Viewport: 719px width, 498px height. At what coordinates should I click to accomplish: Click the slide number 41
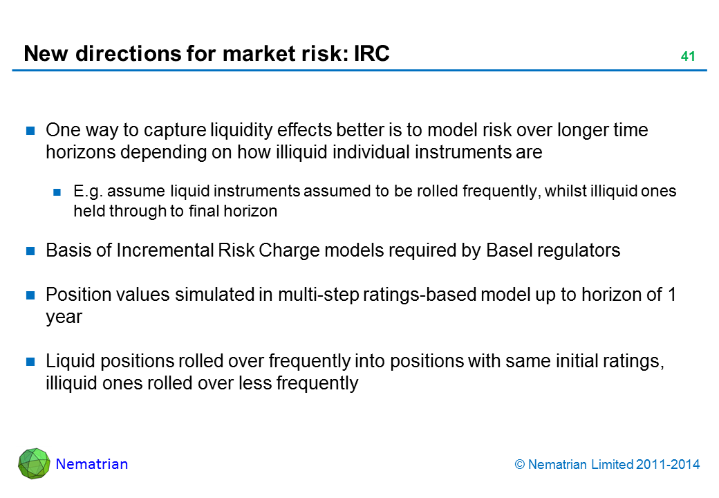point(688,57)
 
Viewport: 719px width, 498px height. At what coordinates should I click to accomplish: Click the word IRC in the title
point(372,53)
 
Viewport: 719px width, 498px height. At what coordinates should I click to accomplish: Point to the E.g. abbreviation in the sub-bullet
point(87,191)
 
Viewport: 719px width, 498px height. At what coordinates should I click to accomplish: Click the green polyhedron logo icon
point(34,463)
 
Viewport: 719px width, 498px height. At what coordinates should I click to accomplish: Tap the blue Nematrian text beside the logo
point(92,464)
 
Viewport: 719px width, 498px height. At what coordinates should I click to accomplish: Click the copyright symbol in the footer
point(519,465)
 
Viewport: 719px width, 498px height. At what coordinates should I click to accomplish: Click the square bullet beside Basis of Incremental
point(30,251)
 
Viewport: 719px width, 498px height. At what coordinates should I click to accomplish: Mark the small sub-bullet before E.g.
point(57,192)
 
